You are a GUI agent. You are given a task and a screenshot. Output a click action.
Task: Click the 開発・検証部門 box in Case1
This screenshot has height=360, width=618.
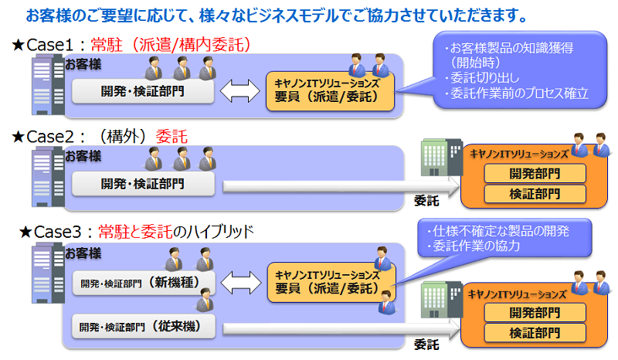tap(143, 91)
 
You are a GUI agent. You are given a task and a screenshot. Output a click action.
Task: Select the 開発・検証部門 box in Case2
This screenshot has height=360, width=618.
tap(143, 184)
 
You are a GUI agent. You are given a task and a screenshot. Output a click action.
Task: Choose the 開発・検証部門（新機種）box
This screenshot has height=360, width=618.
tap(146, 282)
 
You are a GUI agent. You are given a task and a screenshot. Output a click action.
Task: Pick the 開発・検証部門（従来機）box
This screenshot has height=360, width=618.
tap(146, 326)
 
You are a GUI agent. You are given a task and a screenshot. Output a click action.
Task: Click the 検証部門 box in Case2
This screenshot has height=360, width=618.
tap(535, 193)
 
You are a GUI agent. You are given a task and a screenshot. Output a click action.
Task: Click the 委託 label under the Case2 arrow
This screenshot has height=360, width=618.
tap(426, 201)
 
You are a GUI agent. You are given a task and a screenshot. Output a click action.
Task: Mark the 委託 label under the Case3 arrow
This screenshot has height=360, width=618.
tap(426, 344)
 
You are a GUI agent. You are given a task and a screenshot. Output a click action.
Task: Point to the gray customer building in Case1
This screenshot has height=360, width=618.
tap(44, 87)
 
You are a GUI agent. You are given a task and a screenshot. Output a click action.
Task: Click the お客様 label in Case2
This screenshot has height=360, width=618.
tap(83, 156)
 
